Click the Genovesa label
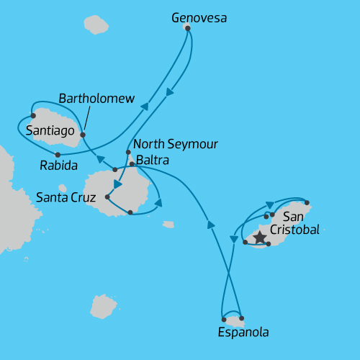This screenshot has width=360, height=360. coord(199,18)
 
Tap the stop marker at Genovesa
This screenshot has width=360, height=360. coord(187,28)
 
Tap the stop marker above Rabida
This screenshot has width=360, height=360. coord(58,154)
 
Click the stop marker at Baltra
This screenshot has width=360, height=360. coord(132,164)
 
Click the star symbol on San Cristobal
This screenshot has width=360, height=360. coord(259,235)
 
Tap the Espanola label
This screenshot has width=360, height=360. coord(243,333)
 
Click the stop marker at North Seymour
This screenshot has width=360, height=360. coord(128,152)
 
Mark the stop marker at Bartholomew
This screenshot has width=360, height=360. coord(83,135)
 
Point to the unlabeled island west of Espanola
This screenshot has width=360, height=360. coord(104,306)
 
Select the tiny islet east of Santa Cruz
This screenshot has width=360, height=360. coord(168,225)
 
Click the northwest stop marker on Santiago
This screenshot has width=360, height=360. coord(33,115)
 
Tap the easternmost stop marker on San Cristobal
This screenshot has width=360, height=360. coord(307,202)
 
